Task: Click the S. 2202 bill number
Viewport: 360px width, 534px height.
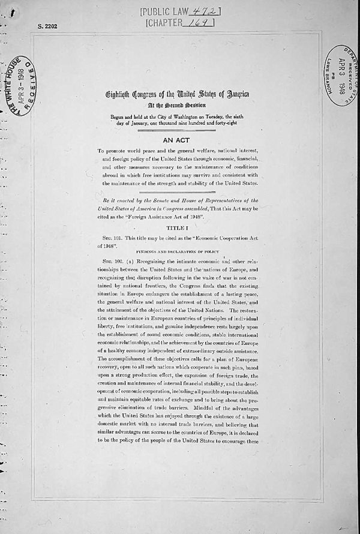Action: tap(47, 27)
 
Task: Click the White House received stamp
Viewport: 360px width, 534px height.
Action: tap(20, 86)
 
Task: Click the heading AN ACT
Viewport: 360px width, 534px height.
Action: tap(177, 139)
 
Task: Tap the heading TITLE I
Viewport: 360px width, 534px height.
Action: tap(177, 227)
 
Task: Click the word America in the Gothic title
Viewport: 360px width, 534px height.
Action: tap(234, 94)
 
